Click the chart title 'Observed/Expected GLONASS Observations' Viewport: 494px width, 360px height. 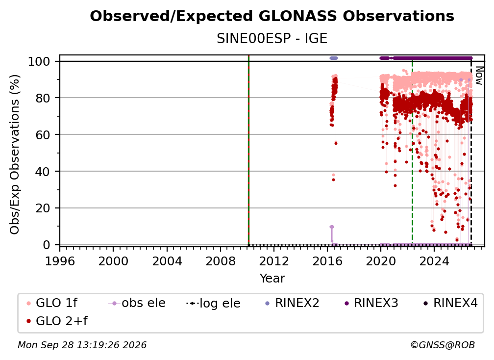272,16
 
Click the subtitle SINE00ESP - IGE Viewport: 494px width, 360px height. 272,39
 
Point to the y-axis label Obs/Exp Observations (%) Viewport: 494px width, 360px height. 15,154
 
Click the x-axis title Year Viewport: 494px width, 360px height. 272,279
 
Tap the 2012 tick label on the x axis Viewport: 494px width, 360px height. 274,261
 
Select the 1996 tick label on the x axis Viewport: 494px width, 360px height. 60,261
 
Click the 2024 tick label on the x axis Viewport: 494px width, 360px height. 434,261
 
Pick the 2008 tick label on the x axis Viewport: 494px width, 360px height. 221,261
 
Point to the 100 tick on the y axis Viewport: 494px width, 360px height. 39,61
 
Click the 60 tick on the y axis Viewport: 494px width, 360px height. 43,135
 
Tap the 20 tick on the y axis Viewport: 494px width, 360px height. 43,208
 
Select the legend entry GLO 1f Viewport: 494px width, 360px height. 52,303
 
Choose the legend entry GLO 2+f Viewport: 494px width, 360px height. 57,321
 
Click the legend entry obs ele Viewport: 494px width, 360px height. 137,303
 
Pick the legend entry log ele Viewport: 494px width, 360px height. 213,303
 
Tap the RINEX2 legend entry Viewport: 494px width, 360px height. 293,303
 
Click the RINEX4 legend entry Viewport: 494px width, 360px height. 450,303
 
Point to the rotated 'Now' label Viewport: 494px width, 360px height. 479,76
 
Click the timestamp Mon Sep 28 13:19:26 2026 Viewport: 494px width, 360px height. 82,345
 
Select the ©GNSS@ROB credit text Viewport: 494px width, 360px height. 443,345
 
